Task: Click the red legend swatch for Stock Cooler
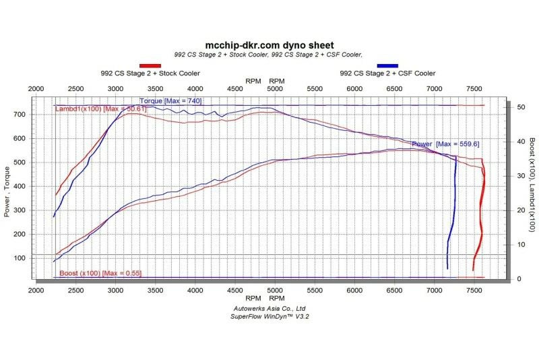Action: coord(150,65)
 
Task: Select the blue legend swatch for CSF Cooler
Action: coord(387,65)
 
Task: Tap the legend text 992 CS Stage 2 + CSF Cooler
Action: coord(387,73)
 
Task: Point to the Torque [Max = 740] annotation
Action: coord(170,101)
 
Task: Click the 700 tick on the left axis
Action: coord(20,115)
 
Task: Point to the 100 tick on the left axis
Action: coord(20,258)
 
